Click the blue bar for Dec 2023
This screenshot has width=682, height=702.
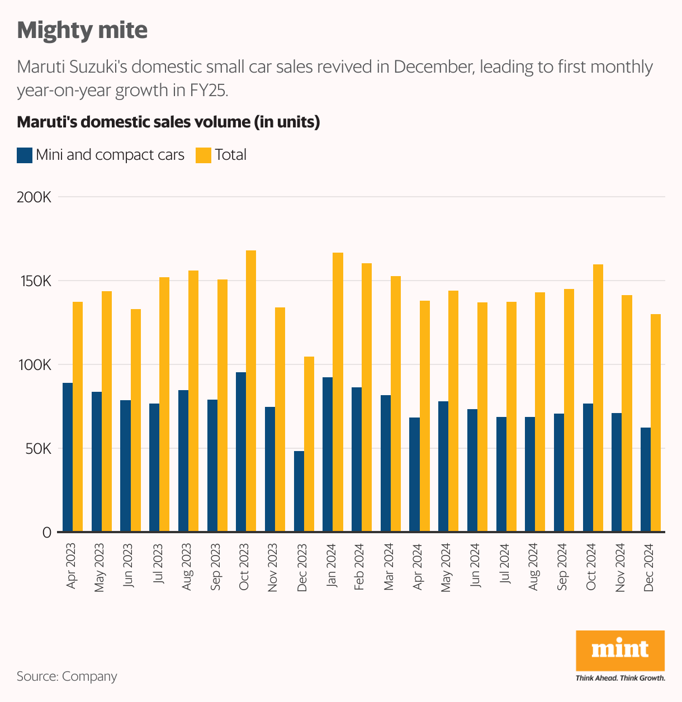click(299, 491)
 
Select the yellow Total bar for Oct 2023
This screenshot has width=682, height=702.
click(251, 391)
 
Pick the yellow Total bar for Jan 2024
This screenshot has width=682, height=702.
click(338, 392)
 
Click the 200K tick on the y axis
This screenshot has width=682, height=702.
click(35, 197)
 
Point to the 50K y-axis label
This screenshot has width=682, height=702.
click(37, 449)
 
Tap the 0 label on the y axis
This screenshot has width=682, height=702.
click(46, 533)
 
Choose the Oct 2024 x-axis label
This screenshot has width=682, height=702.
click(591, 566)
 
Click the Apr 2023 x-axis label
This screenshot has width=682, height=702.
click(72, 566)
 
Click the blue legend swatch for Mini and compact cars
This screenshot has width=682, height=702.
click(25, 155)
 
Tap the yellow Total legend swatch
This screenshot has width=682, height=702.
click(203, 155)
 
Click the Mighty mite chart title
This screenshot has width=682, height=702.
click(82, 30)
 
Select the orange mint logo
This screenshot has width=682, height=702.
click(620, 650)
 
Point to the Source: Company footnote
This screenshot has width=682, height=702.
click(67, 676)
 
